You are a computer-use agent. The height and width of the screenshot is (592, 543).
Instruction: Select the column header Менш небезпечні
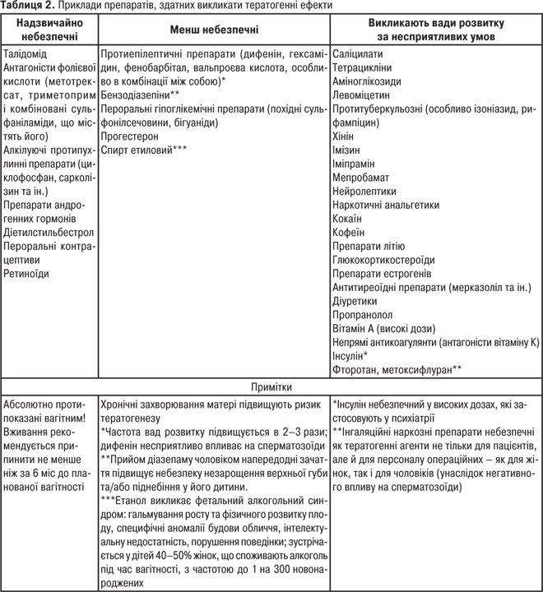(x=214, y=28)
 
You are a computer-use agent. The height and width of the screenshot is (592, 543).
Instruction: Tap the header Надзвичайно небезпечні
(x=49, y=28)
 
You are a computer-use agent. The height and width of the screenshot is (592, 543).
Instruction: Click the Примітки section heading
(x=271, y=385)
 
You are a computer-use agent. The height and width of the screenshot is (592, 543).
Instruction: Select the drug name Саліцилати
(x=359, y=52)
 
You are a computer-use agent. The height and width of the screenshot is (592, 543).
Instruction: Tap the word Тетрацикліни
(x=363, y=66)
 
